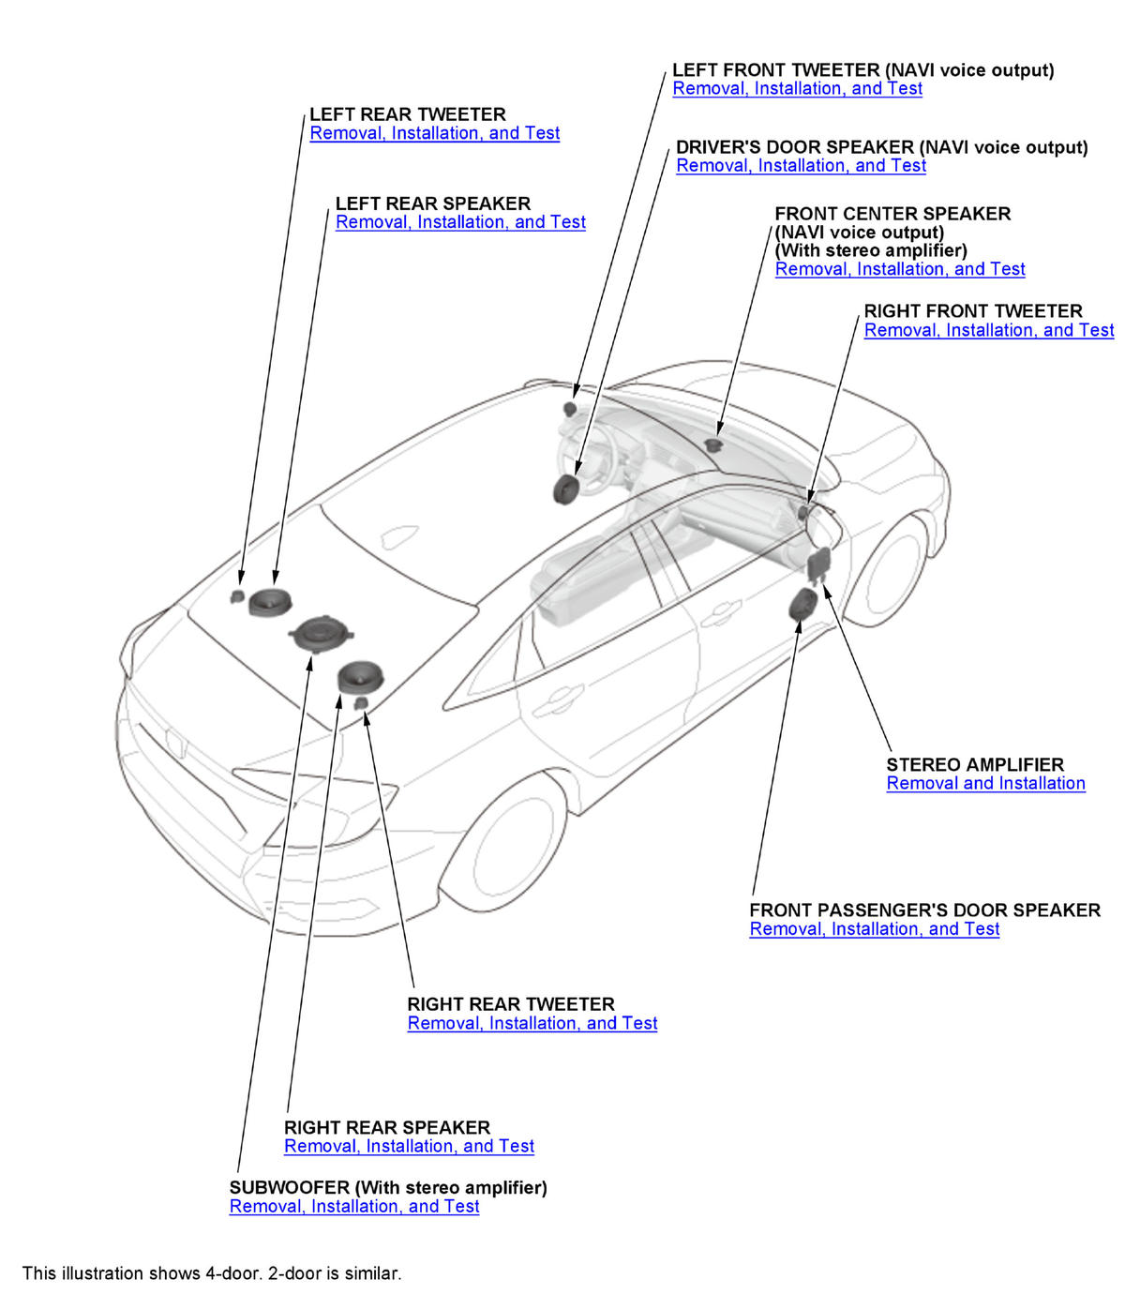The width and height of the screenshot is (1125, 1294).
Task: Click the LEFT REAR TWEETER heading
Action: [x=407, y=114]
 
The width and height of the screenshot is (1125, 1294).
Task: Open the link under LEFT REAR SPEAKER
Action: [x=460, y=222]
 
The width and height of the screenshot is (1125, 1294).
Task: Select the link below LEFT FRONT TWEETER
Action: [x=797, y=89]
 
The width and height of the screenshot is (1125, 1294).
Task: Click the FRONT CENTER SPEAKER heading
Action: [x=892, y=214]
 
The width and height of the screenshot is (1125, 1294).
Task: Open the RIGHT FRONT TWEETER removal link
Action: [x=988, y=330]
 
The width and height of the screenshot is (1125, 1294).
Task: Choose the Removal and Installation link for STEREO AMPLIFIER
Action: [x=985, y=784]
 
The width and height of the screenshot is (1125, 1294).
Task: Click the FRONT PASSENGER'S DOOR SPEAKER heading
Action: [x=924, y=910]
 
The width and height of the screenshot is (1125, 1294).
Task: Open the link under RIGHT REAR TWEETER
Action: [x=532, y=1023]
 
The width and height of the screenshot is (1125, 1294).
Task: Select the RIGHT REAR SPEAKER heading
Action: [x=386, y=1127]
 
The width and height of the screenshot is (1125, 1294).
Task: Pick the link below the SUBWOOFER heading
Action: [x=353, y=1207]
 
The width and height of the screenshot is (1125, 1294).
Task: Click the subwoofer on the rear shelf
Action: [x=319, y=633]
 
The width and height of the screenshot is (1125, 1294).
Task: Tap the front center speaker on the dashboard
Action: [x=713, y=444]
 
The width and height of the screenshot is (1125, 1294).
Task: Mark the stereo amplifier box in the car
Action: [x=818, y=563]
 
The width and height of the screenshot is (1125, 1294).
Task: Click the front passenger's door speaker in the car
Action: [x=803, y=605]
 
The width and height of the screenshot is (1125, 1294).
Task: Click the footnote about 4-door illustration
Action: [x=212, y=1273]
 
